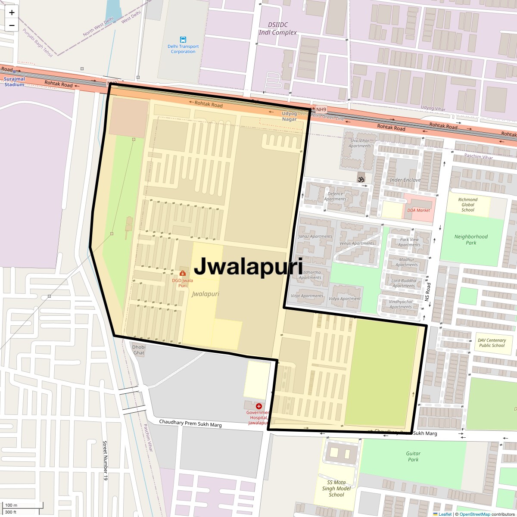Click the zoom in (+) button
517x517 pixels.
(12, 12)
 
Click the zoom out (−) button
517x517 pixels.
(12, 25)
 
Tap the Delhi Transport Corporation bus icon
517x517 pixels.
(183, 40)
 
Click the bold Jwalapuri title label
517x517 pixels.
(248, 267)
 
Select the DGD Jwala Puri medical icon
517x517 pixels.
(183, 273)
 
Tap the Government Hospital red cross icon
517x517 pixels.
(259, 406)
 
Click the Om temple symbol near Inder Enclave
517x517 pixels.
(361, 179)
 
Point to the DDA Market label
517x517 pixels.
(418, 210)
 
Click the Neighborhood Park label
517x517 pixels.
(471, 240)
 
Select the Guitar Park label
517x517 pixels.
(413, 456)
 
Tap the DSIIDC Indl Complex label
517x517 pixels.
(278, 29)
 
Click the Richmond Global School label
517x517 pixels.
(468, 205)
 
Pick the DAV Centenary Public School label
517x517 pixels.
(492, 343)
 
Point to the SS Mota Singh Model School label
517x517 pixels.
(336, 489)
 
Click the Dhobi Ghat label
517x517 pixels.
(139, 350)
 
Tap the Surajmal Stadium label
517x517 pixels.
(14, 82)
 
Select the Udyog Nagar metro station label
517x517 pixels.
(290, 116)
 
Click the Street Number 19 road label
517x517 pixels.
(104, 461)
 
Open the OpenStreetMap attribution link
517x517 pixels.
(474, 514)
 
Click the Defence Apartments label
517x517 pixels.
(335, 196)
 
